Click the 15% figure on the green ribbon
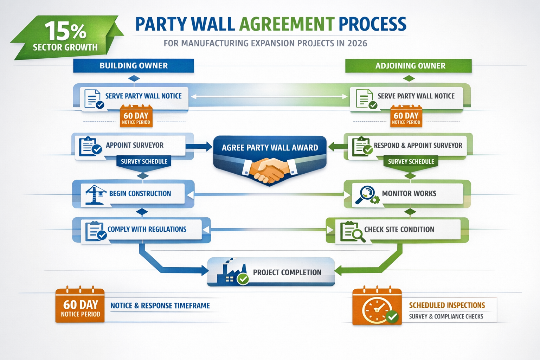pos(65,31)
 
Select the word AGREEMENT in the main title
pos(287,24)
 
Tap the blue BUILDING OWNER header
pos(134,66)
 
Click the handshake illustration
pos(270,169)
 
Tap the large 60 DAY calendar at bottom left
pos(80,306)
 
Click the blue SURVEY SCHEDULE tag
pos(144,161)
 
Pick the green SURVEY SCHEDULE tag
pos(411,161)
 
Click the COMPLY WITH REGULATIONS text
pos(147,229)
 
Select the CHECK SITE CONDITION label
pos(399,230)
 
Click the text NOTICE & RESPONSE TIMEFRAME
pos(160,306)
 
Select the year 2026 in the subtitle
pos(357,43)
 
